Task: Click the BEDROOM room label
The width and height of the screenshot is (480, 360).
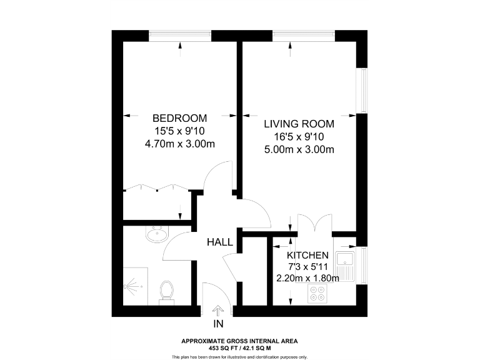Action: (x=180, y=118)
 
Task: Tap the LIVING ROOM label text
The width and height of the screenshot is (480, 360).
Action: (x=299, y=124)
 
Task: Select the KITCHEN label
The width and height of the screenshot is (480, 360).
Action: (x=307, y=256)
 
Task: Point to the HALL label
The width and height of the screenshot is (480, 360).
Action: (x=221, y=242)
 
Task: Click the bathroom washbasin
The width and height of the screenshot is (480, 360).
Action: (x=156, y=235)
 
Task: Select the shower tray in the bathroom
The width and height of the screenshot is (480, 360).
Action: (x=136, y=286)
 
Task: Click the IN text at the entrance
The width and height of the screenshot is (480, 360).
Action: (x=218, y=324)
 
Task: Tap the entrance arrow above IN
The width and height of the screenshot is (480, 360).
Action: (x=218, y=311)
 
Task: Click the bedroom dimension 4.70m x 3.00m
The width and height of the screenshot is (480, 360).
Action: (x=180, y=144)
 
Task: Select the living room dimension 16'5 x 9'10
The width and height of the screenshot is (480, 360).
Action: (x=299, y=137)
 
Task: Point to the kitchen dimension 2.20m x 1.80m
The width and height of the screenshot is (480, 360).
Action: (x=307, y=278)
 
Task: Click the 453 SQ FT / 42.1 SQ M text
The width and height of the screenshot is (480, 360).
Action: (x=239, y=347)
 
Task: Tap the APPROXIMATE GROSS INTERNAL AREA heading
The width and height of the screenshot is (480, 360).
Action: (x=239, y=341)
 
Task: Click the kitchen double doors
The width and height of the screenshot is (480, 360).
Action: (x=312, y=223)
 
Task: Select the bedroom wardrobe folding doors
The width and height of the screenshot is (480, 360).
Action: (x=155, y=188)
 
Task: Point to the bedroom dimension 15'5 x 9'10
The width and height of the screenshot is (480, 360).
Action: (x=180, y=131)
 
